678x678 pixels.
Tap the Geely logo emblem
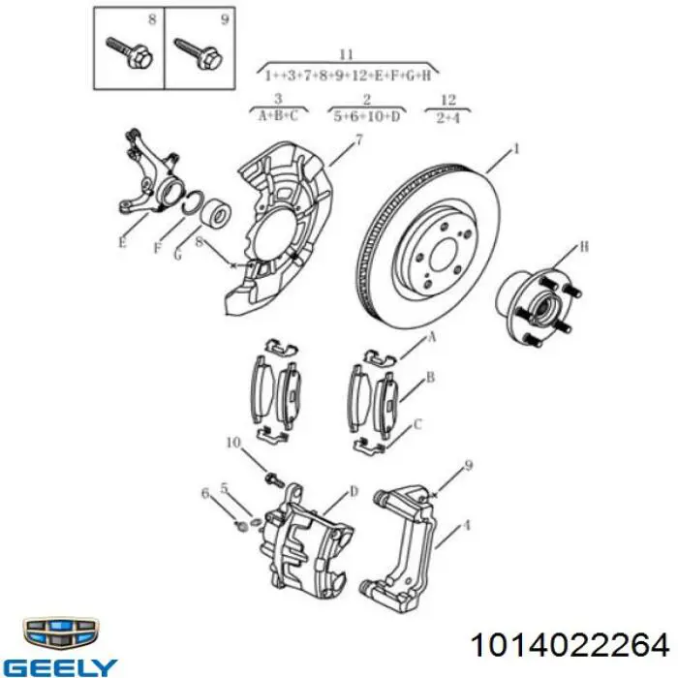(x=60, y=634)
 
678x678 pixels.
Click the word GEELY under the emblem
(x=60, y=667)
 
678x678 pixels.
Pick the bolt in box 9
(x=198, y=54)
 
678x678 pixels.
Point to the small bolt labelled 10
(x=273, y=478)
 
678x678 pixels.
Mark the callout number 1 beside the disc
(x=515, y=149)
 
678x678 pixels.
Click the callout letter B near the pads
(x=430, y=378)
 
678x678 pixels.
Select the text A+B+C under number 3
(x=279, y=116)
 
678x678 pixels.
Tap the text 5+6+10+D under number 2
(x=367, y=116)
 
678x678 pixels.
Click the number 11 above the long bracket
(x=347, y=54)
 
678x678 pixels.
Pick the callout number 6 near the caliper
(x=205, y=493)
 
